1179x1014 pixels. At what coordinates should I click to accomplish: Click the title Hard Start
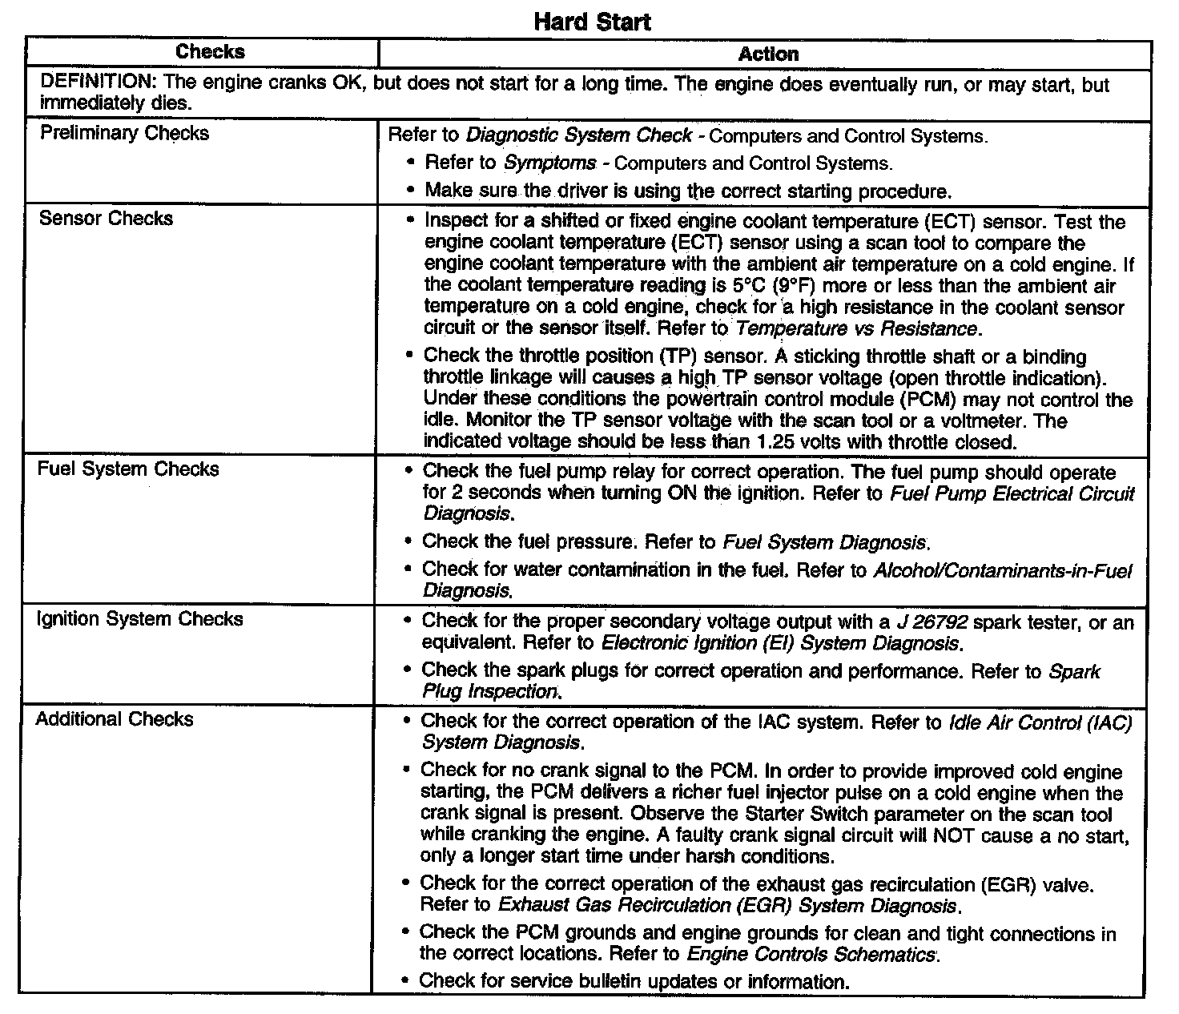pyautogui.click(x=592, y=22)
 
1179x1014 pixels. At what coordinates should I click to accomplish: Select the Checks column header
pyautogui.click(x=210, y=52)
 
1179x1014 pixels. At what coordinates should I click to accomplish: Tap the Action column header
pyautogui.click(x=768, y=54)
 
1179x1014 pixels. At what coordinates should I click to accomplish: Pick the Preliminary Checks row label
pyautogui.click(x=124, y=133)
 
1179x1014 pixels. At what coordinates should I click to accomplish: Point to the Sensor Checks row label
pyautogui.click(x=106, y=219)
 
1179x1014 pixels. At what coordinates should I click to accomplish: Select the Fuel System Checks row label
pyautogui.click(x=128, y=469)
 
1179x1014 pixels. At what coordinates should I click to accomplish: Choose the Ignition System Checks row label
pyautogui.click(x=140, y=619)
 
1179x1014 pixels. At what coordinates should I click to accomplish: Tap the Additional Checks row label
pyautogui.click(x=115, y=719)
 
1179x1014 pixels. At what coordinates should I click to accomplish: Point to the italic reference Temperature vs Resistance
pyautogui.click(x=856, y=328)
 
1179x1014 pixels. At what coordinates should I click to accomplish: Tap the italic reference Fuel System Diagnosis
pyautogui.click(x=824, y=542)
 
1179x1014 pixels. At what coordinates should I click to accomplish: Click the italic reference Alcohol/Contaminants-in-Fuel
pyautogui.click(x=1002, y=571)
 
